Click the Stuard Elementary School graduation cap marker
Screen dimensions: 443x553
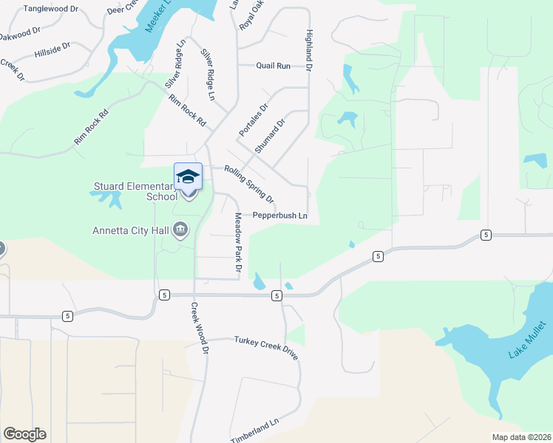(x=188, y=176)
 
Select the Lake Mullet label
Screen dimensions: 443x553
(x=528, y=340)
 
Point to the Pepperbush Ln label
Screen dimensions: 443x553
(x=279, y=216)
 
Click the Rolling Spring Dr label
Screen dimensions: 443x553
(x=249, y=184)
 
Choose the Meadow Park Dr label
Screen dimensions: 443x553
(x=239, y=243)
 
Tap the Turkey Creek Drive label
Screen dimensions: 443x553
(x=266, y=347)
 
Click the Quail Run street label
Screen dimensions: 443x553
(x=273, y=66)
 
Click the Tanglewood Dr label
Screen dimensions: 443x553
(x=51, y=9)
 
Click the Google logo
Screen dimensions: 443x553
(x=24, y=433)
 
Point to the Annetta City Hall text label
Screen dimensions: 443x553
(x=130, y=230)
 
